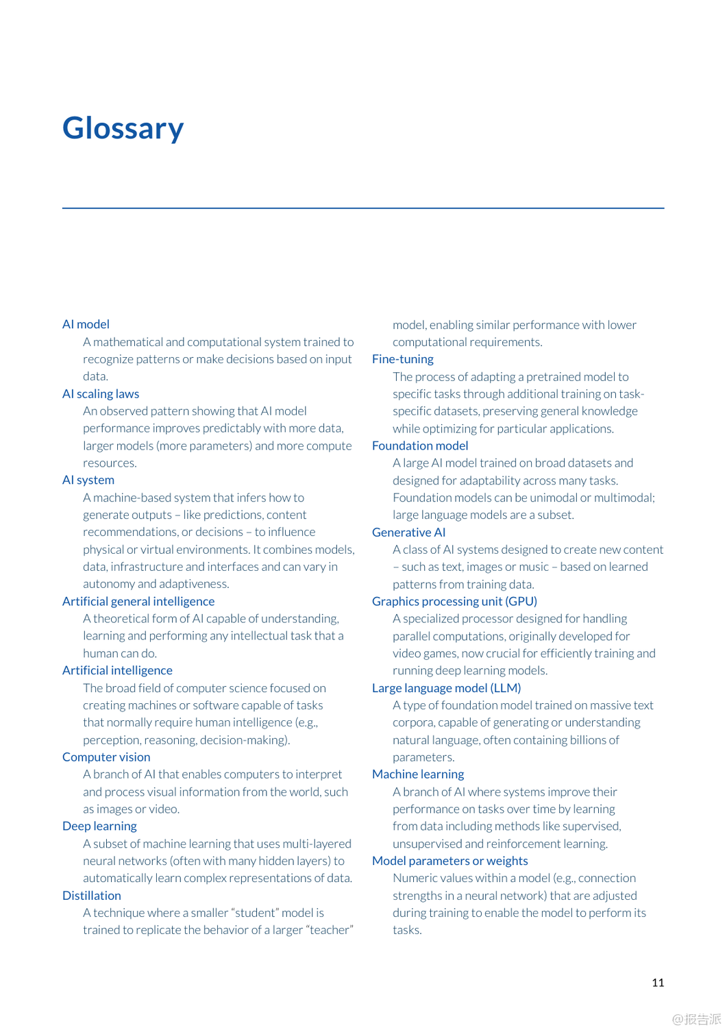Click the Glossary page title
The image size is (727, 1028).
123,128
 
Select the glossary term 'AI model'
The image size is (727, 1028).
86,324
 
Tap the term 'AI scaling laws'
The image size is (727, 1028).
101,393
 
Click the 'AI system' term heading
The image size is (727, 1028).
88,480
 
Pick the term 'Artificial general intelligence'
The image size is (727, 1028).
138,601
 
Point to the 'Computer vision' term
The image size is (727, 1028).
106,757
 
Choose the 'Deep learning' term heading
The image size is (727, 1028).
99,826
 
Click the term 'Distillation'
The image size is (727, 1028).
92,895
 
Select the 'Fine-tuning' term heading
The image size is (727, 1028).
403,358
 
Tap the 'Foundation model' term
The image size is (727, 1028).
420,445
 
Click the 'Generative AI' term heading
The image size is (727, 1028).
408,532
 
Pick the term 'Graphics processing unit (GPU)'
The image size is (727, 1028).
454,601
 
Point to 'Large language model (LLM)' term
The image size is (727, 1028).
446,687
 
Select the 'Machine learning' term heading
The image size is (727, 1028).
418,774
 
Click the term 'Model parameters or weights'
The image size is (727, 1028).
449,861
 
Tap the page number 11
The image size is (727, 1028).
658,983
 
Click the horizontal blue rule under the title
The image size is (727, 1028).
363,208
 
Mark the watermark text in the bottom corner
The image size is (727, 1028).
696,1019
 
